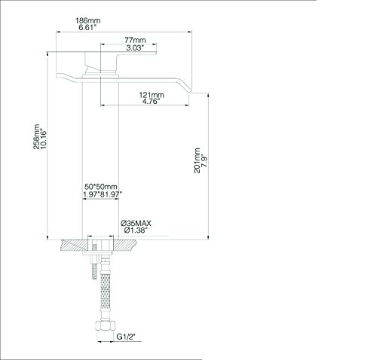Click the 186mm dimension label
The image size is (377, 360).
(88, 20)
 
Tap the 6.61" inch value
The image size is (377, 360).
(87, 27)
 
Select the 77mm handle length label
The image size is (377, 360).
(135, 40)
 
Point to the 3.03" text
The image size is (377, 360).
(135, 47)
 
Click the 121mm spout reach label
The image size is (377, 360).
(152, 95)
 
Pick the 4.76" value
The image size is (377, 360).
(151, 102)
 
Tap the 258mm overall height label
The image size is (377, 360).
(36, 136)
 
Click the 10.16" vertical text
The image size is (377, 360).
(43, 139)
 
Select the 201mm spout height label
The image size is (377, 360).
(197, 160)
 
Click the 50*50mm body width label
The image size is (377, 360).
(101, 187)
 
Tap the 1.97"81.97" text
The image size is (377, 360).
(103, 194)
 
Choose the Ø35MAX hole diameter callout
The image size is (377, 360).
(136, 223)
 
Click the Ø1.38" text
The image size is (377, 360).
(135, 230)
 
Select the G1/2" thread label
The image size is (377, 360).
(126, 337)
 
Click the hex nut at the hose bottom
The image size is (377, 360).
(105, 325)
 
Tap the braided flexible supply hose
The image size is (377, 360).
(106, 291)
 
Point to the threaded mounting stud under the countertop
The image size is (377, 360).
(93, 267)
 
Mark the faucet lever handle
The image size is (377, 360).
(121, 61)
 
